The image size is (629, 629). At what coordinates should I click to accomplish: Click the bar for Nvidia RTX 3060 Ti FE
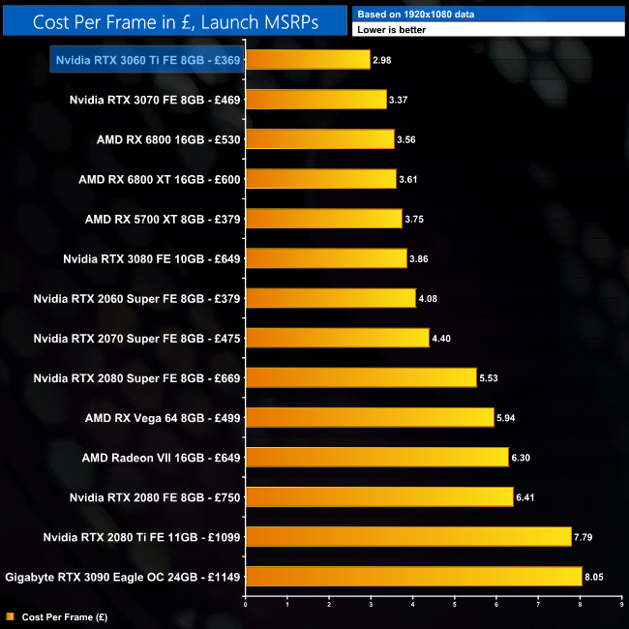click(308, 60)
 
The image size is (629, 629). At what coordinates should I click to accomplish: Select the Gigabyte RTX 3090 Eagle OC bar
click(413, 577)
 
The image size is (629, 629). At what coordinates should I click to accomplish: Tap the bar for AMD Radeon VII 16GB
click(376, 457)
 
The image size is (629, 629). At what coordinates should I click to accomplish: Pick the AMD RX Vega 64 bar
click(370, 417)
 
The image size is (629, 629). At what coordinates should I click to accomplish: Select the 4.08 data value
click(429, 299)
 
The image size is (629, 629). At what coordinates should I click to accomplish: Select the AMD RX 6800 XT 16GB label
click(160, 179)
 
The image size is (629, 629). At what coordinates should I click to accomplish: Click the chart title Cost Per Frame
click(174, 21)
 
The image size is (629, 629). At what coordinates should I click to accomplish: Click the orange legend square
click(10, 615)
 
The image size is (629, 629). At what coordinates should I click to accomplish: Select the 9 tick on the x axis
click(621, 605)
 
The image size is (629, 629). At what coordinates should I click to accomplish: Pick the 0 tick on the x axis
click(246, 605)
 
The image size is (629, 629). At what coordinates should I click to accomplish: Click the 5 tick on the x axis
click(455, 605)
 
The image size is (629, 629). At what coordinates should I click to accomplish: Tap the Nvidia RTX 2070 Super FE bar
click(337, 338)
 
